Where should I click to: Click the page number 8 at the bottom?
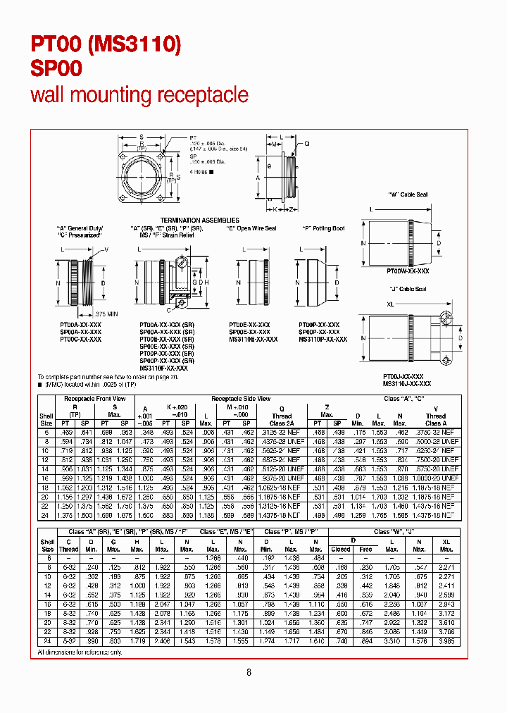click(x=249, y=672)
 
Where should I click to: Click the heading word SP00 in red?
click(x=56, y=68)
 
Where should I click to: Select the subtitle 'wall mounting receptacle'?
click(x=139, y=95)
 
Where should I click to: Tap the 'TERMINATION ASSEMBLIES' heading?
click(x=200, y=221)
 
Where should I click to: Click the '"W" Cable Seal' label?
click(x=408, y=194)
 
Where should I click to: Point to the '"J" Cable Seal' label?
click(x=408, y=289)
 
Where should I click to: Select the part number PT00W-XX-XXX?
click(x=408, y=271)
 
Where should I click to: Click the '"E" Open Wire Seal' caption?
click(x=251, y=228)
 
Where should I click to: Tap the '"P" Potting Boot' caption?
click(x=323, y=228)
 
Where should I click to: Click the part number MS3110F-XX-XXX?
click(x=163, y=368)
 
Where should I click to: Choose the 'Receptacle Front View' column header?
click(x=95, y=399)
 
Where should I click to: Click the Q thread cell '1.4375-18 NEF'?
click(x=282, y=515)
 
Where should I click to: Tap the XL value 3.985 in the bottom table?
click(x=446, y=641)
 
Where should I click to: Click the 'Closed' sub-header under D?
click(x=341, y=549)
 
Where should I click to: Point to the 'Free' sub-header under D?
click(x=365, y=549)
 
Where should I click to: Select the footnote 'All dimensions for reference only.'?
click(x=80, y=652)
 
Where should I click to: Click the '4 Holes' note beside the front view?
click(x=199, y=172)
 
